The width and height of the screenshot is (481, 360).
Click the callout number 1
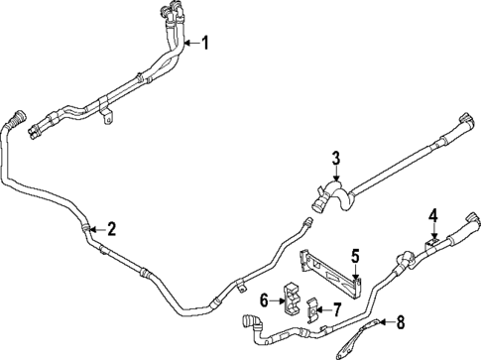(x=206, y=43)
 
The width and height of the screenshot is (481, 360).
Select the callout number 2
(x=111, y=230)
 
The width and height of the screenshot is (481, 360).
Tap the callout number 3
(x=336, y=159)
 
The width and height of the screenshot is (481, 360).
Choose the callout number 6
(x=265, y=300)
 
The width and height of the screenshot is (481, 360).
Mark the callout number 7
(x=336, y=310)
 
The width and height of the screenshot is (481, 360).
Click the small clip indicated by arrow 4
(x=432, y=241)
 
